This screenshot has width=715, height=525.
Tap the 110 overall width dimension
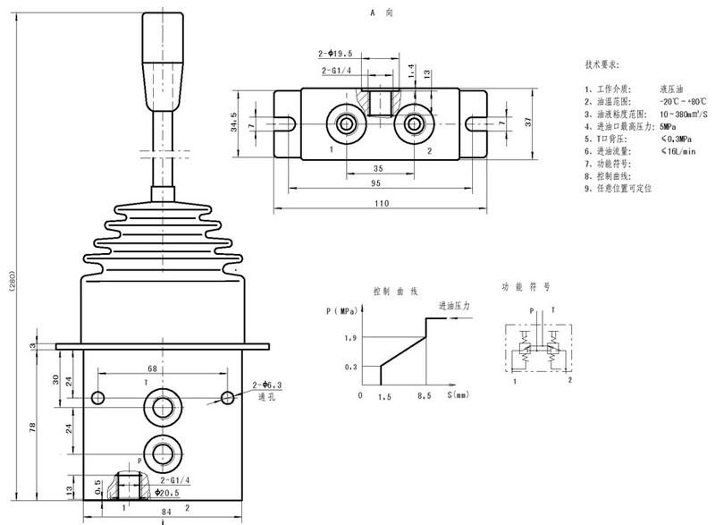pos(383,204)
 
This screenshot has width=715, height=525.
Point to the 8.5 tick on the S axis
pos(425,396)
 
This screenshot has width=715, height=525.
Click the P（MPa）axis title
pos(342,310)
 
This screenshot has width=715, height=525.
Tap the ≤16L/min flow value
pos(676,153)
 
